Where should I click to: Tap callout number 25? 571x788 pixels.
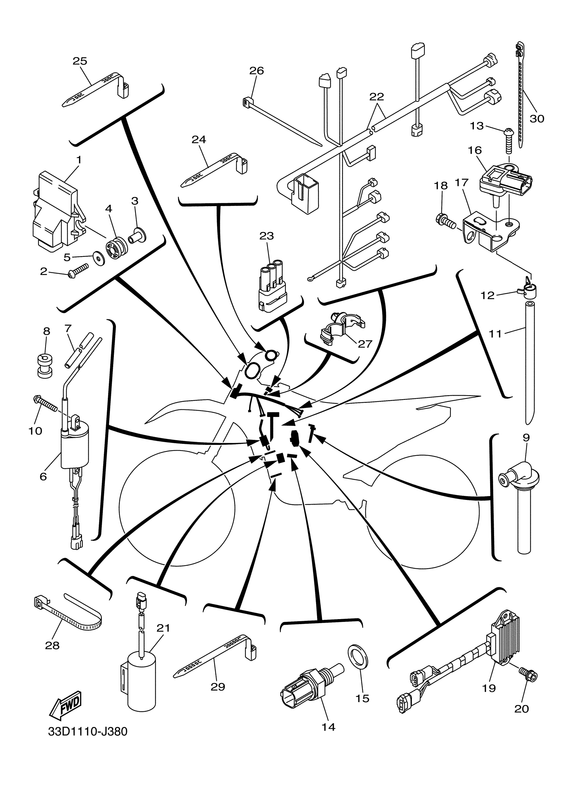point(80,61)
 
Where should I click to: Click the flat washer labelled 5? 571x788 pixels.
point(97,259)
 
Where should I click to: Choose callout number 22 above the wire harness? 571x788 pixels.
point(377,97)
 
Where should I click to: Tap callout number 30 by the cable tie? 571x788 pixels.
point(537,119)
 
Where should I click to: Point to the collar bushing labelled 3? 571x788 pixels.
point(137,235)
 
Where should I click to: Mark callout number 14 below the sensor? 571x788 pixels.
point(328,727)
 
